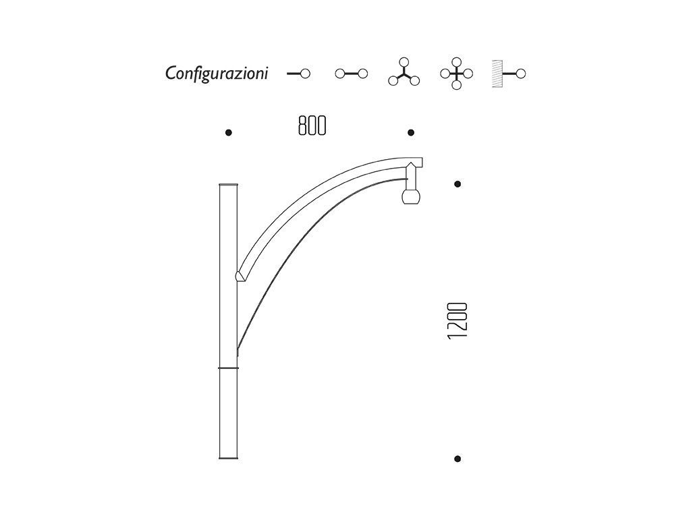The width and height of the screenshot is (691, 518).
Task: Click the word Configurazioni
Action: point(217,74)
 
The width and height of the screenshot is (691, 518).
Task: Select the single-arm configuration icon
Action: point(298,74)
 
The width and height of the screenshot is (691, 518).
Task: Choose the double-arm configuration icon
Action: point(352,74)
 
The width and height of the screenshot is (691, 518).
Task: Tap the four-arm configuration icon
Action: point(456,74)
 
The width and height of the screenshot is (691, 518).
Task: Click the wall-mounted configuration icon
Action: point(509,74)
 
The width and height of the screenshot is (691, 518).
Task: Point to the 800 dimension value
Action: point(312,125)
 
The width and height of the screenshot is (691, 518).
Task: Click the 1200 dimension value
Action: point(458,320)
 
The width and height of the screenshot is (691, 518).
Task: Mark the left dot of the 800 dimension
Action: point(229,133)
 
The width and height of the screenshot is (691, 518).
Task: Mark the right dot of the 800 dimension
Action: point(411,133)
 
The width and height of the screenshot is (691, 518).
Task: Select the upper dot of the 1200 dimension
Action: point(458,183)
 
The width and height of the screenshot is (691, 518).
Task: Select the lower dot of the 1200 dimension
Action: point(458,459)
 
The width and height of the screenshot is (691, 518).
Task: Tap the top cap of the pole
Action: point(229,184)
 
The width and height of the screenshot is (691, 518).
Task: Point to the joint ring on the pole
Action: point(229,368)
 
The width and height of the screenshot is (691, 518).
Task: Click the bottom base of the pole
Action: point(229,458)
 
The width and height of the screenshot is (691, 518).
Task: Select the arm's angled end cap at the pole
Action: point(240,275)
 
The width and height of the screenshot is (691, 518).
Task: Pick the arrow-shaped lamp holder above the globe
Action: point(411,175)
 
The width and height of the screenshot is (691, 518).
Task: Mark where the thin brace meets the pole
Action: point(238,349)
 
